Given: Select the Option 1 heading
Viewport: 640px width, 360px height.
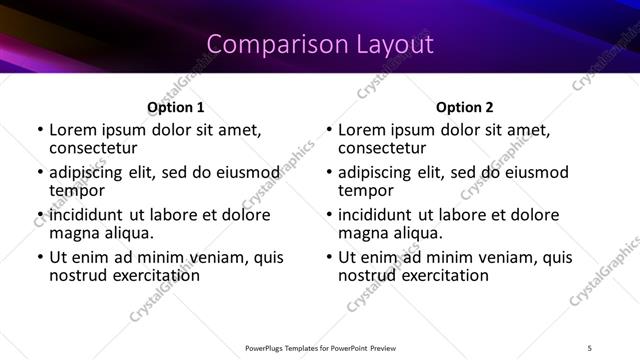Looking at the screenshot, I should [176, 107].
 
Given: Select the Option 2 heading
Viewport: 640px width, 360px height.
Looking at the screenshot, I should [465, 107].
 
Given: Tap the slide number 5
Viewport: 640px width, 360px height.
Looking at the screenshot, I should [589, 346].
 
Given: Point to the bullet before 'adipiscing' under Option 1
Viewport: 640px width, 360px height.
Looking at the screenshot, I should [41, 173].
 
